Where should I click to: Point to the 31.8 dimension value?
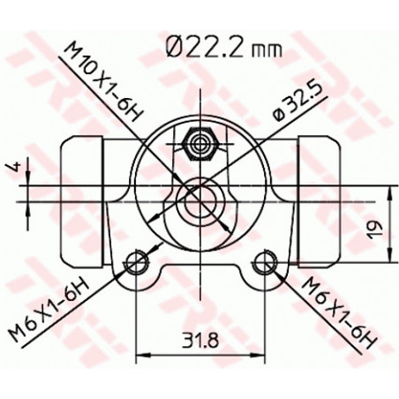pos(200,339)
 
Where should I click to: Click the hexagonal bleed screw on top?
pos(199,140)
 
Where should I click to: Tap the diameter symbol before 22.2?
pos(173,46)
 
